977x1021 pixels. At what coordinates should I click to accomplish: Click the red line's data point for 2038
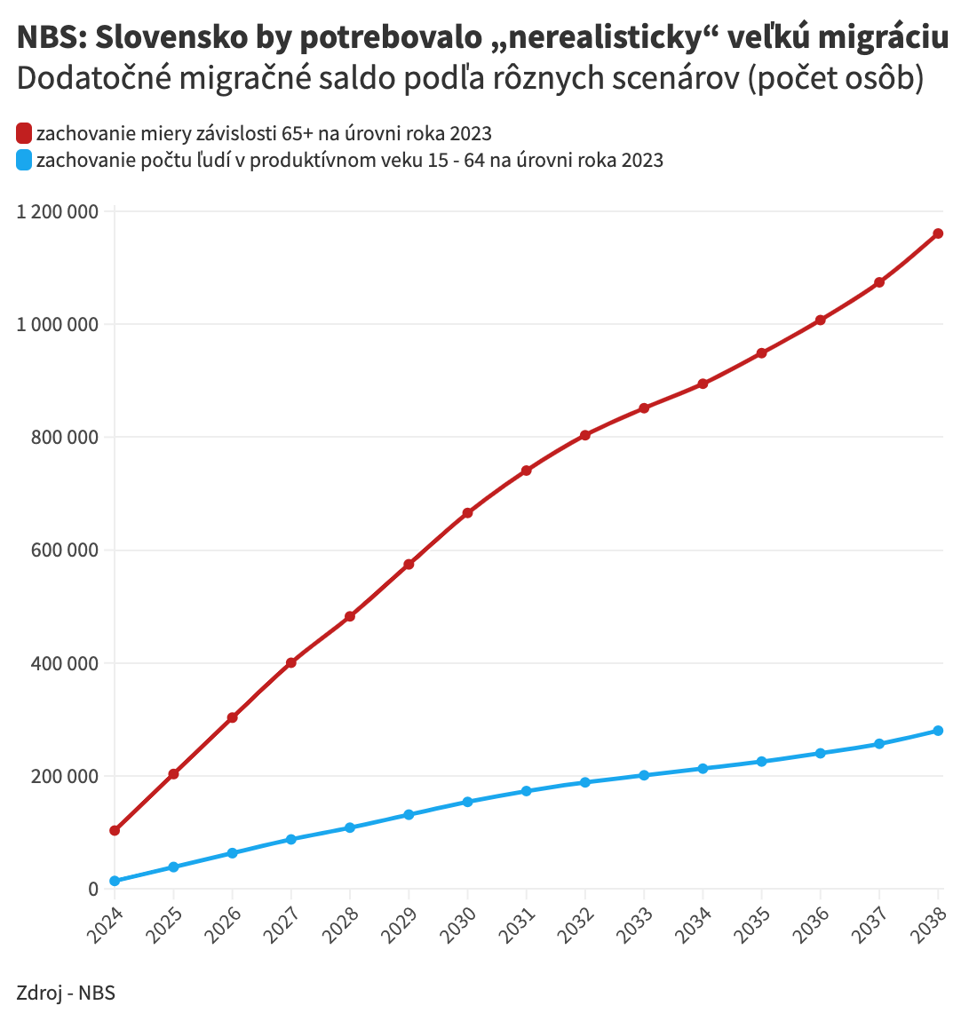pyautogui.click(x=938, y=233)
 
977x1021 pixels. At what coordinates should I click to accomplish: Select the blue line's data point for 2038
pyautogui.click(x=938, y=731)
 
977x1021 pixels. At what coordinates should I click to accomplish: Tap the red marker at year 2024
pyautogui.click(x=115, y=831)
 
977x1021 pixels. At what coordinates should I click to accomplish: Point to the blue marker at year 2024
pyautogui.click(x=115, y=881)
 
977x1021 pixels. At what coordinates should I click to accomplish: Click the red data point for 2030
pyautogui.click(x=467, y=513)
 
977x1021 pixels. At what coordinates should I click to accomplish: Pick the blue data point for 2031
pyautogui.click(x=526, y=791)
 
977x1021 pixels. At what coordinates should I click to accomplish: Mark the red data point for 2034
pyautogui.click(x=703, y=384)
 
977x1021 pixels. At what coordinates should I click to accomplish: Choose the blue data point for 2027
pyautogui.click(x=290, y=839)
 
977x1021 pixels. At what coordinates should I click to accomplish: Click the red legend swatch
pyautogui.click(x=24, y=134)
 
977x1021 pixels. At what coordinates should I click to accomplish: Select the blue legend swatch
pyautogui.click(x=24, y=161)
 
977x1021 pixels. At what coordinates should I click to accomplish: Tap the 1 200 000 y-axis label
pyautogui.click(x=57, y=211)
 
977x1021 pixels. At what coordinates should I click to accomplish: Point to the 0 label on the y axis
pyautogui.click(x=92, y=890)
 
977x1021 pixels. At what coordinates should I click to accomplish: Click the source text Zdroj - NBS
pyautogui.click(x=66, y=993)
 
